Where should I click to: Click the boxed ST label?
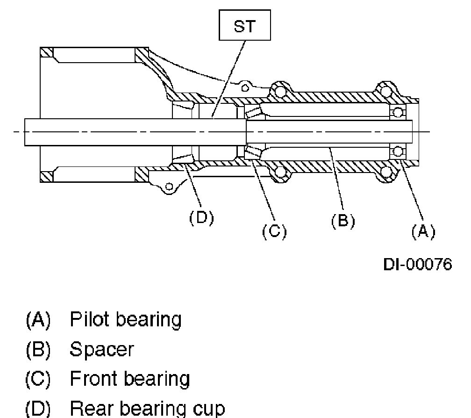(x=245, y=27)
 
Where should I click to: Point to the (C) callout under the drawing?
(x=274, y=231)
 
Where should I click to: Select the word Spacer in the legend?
(x=101, y=349)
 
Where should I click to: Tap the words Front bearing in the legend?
(x=129, y=379)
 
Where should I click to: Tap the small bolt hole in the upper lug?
(x=243, y=87)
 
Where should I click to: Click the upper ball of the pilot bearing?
(x=397, y=112)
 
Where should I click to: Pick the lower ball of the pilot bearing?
(x=397, y=151)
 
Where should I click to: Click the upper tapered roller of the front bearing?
(x=253, y=113)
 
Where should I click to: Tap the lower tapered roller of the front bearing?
(x=253, y=151)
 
